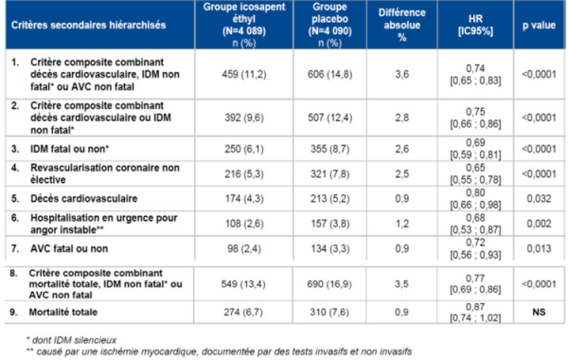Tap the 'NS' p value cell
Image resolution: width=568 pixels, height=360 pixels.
pos(538,311)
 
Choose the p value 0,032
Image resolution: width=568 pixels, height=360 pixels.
pos(538,201)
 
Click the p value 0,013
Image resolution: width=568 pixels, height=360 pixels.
pos(538,248)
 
